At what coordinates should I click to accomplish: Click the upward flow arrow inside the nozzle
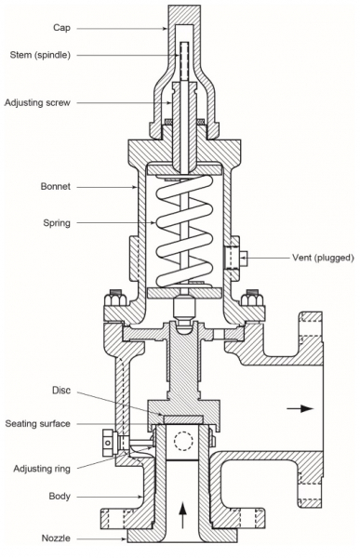pyautogui.click(x=182, y=510)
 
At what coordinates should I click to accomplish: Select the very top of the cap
pyautogui.click(x=182, y=7)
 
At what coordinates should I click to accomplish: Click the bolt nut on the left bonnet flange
pyautogui.click(x=117, y=299)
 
